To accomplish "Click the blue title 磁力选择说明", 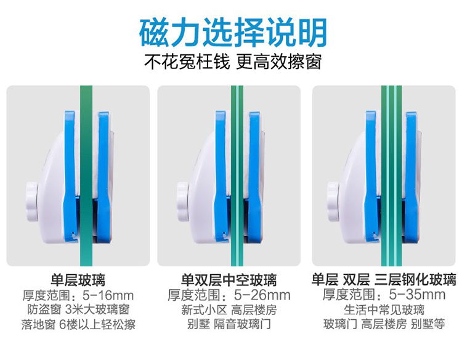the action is pyautogui.click(x=233, y=33).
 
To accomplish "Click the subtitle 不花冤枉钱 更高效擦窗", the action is pyautogui.click(x=233, y=62).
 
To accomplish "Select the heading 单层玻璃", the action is pyautogui.click(x=78, y=280).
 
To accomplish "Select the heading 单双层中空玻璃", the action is pyautogui.click(x=229, y=280).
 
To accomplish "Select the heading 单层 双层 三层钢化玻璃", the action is pyautogui.click(x=384, y=279).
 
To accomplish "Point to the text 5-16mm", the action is pyautogui.click(x=108, y=295).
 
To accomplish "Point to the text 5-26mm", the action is pyautogui.click(x=262, y=295).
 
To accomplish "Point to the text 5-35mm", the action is pyautogui.click(x=417, y=294).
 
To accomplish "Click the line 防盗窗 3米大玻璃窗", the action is pyautogui.click(x=78, y=309).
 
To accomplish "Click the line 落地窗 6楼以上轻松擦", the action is pyautogui.click(x=78, y=324).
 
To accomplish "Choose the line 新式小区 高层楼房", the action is pyautogui.click(x=229, y=309).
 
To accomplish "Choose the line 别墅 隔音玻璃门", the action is pyautogui.click(x=229, y=324).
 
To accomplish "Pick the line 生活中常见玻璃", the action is pyautogui.click(x=384, y=309).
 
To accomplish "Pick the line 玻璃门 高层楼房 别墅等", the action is pyautogui.click(x=384, y=324).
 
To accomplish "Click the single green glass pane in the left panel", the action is pyautogui.click(x=86, y=176).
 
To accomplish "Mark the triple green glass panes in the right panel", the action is pyautogui.click(x=391, y=176).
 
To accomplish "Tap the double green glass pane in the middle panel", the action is pyautogui.click(x=237, y=176).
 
